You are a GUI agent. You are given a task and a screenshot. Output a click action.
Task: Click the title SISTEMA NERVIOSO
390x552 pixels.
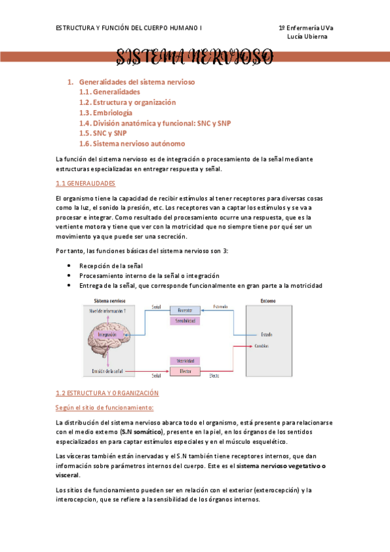194,58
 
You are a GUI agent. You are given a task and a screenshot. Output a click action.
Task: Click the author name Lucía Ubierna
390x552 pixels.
307,36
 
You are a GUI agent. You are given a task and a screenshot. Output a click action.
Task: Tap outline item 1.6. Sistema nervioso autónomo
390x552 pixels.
132,143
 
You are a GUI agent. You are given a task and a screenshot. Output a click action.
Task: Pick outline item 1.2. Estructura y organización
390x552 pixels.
127,102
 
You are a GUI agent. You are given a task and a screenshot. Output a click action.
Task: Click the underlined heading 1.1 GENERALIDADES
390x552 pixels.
85,184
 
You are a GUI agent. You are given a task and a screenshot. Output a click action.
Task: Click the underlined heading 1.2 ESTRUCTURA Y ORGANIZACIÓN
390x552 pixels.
107,393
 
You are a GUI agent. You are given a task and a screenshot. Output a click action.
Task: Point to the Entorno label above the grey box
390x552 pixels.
268,301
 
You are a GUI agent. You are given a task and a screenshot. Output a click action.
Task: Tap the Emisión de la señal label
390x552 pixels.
102,371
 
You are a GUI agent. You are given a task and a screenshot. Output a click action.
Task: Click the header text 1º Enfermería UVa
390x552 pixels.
305,28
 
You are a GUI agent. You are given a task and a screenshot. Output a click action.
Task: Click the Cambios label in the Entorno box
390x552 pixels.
262,345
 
